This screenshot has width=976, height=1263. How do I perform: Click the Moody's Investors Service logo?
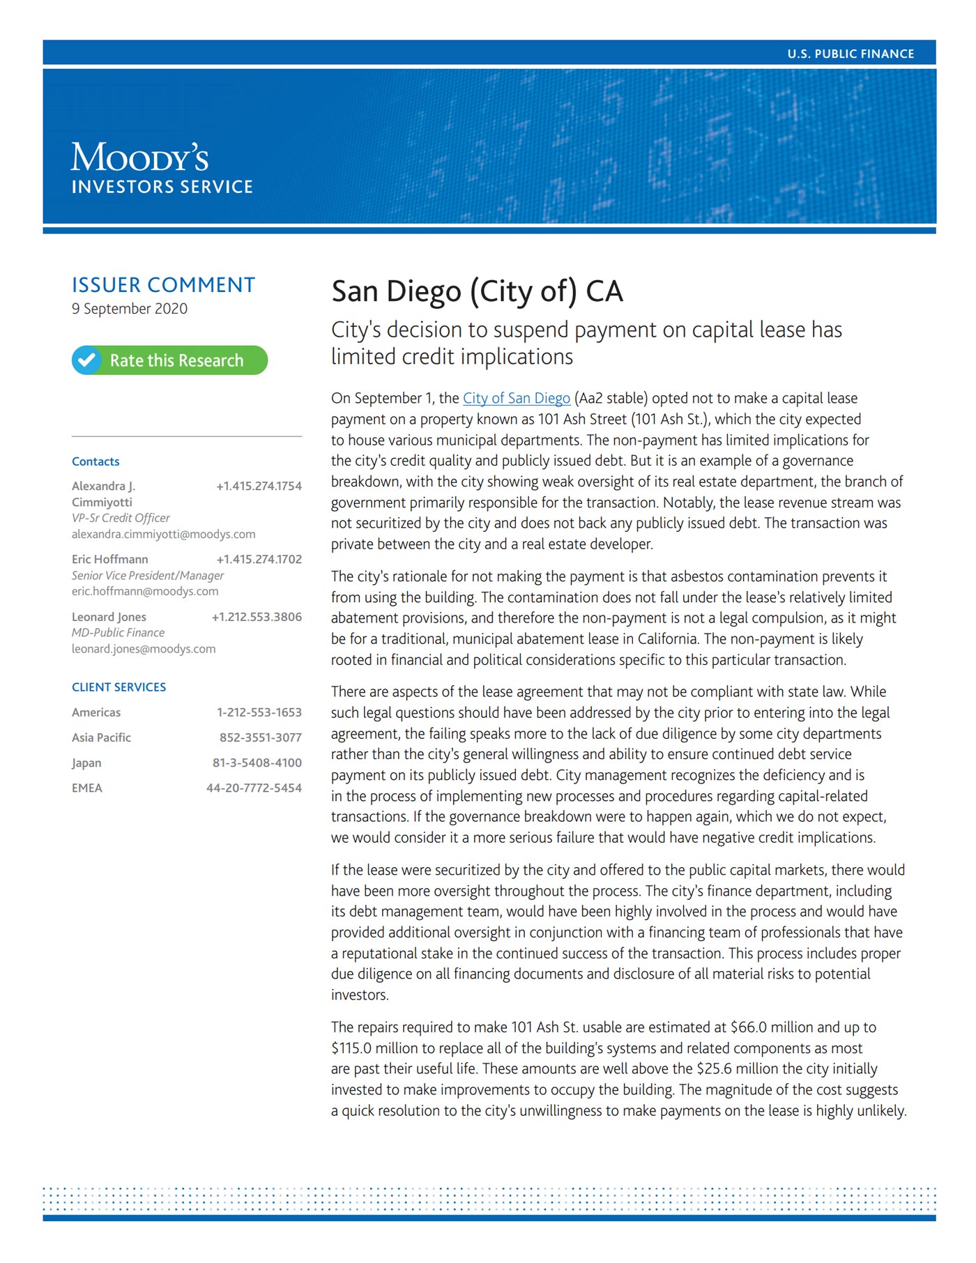click(161, 168)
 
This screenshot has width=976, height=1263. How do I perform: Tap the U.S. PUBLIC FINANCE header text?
click(851, 54)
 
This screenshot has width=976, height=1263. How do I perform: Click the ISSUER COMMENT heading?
click(163, 285)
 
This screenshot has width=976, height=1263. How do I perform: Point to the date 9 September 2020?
click(130, 309)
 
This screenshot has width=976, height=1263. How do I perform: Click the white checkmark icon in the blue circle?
click(87, 360)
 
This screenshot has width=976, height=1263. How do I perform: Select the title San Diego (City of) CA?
click(477, 291)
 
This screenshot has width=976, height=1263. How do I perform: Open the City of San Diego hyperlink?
click(517, 398)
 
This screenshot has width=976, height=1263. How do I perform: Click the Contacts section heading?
click(96, 461)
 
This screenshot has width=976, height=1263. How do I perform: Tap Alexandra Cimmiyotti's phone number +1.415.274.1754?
click(259, 486)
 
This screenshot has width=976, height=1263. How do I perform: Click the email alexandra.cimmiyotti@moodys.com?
click(163, 534)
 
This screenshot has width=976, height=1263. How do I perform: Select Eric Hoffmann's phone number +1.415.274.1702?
click(259, 559)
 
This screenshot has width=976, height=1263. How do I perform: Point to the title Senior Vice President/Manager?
click(148, 575)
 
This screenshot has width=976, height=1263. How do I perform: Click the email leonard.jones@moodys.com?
click(144, 649)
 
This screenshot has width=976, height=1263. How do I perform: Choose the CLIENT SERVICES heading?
click(119, 687)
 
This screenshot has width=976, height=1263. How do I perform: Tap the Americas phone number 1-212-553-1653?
click(259, 712)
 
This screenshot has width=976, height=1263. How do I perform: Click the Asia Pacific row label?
click(101, 737)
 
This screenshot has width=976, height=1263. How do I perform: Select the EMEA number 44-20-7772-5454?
click(254, 788)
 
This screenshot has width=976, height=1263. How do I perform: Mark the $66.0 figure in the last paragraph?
click(749, 1027)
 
